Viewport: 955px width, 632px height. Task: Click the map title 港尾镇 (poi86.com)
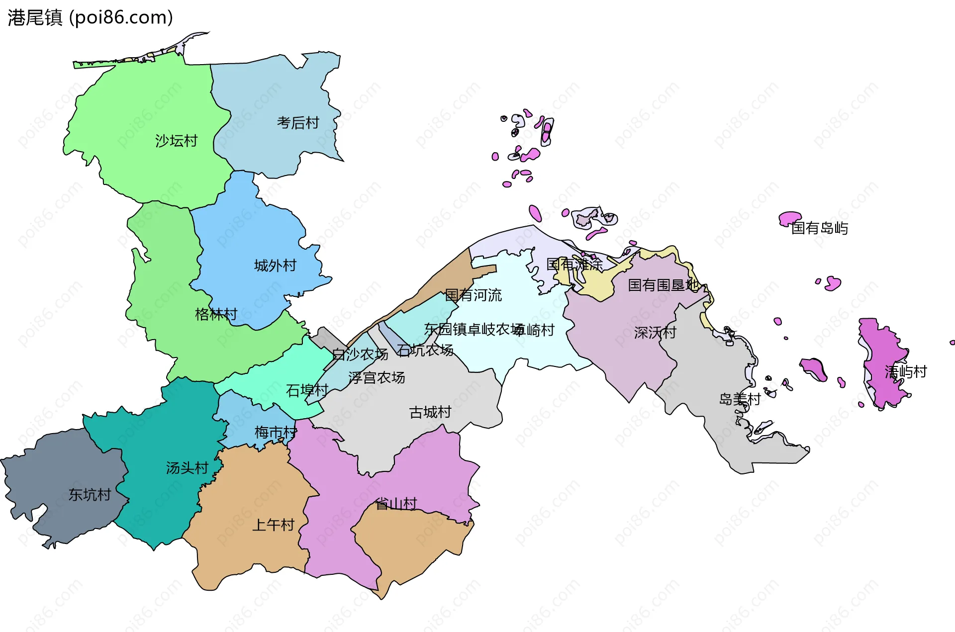click(90, 17)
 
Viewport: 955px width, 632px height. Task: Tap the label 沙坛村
click(176, 141)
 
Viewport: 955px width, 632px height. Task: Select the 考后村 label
click(298, 122)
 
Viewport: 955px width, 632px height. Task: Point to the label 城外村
click(275, 266)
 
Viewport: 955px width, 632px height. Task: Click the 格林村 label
click(216, 314)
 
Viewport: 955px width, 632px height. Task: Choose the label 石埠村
click(307, 390)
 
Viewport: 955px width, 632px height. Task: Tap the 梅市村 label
click(276, 432)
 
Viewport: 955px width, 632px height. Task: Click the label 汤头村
click(187, 468)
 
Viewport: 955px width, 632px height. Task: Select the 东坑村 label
click(90, 495)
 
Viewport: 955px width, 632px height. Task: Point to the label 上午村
click(274, 525)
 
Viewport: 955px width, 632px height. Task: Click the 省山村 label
click(396, 504)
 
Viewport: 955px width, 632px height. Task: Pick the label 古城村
click(430, 412)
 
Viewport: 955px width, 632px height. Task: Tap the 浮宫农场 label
click(377, 378)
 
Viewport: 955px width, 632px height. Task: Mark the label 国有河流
click(473, 295)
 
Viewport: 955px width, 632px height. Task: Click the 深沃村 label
click(655, 333)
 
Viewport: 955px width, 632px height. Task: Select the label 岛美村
click(740, 399)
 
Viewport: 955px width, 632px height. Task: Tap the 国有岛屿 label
click(820, 228)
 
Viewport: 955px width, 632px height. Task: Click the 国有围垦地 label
click(663, 285)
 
